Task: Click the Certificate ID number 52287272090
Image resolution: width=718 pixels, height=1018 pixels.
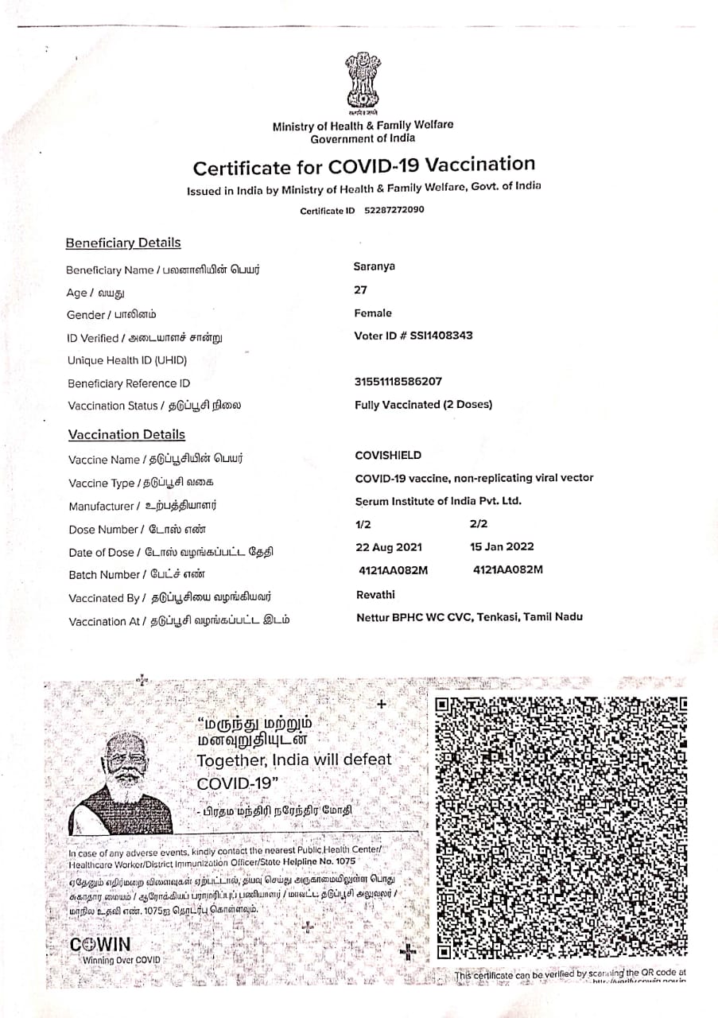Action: click(x=394, y=211)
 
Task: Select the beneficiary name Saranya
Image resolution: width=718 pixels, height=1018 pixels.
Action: click(x=374, y=267)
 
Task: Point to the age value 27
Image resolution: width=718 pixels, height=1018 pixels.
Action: click(x=361, y=290)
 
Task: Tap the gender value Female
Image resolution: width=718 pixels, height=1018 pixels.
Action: click(x=373, y=313)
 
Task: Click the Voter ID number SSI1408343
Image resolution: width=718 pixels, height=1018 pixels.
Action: click(x=441, y=336)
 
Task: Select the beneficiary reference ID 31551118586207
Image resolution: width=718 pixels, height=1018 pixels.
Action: click(x=398, y=382)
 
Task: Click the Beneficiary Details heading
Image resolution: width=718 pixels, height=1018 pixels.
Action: click(x=123, y=243)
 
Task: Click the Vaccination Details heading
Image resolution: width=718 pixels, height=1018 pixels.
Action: click(x=126, y=434)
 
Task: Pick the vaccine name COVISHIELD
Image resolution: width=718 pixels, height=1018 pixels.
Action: click(x=388, y=456)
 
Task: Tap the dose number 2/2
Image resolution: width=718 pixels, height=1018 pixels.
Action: click(x=479, y=524)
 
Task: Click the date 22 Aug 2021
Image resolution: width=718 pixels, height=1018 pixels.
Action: click(x=389, y=547)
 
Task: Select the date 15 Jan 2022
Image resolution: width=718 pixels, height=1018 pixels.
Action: click(x=503, y=547)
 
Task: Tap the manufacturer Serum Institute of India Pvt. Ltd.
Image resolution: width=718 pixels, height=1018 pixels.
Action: click(x=438, y=502)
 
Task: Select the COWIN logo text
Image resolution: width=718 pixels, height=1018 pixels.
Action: click(x=100, y=946)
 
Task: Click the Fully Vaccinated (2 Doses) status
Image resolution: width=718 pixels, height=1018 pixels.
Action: click(x=423, y=405)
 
